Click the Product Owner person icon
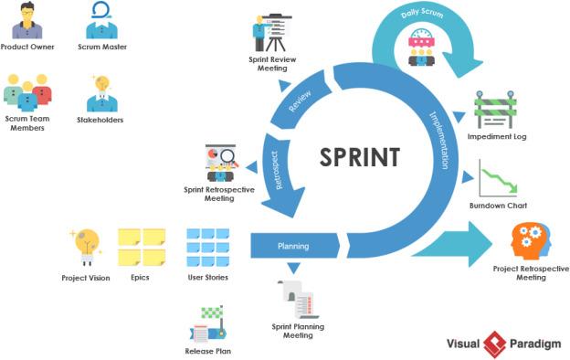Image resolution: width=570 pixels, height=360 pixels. tap(26, 21)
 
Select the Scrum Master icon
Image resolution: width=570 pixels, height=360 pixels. tap(101, 21)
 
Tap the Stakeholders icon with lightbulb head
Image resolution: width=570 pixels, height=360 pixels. tap(101, 93)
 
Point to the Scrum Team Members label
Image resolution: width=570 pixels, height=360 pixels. tap(27, 123)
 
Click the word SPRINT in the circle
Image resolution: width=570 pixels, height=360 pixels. tap(360, 157)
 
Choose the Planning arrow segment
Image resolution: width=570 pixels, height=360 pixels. tap(294, 246)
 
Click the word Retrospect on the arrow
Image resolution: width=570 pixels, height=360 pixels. tap(277, 170)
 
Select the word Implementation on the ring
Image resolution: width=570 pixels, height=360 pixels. tap(438, 140)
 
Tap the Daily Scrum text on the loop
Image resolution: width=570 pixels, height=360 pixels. tap(422, 14)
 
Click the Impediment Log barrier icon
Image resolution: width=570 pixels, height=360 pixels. tap(495, 109)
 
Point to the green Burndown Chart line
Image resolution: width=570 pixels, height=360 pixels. tap(499, 179)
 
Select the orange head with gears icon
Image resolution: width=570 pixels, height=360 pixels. tap(531, 241)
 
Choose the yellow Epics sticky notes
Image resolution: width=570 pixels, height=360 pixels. tap(142, 248)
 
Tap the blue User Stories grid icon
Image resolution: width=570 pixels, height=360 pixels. tap(208, 248)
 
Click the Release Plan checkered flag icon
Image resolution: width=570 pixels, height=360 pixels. tap(208, 324)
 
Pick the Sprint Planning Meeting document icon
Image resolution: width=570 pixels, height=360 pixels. tap(298, 300)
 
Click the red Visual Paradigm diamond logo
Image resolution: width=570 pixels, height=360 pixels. tap(495, 344)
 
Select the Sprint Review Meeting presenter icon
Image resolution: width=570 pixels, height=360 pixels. tap(272, 33)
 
